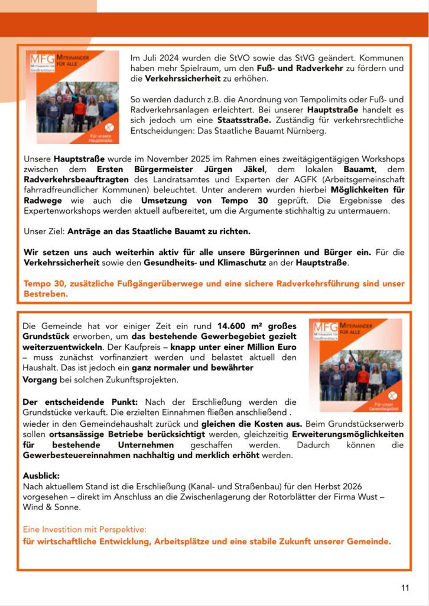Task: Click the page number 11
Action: coord(405,588)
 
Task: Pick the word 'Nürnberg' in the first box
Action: coord(307,131)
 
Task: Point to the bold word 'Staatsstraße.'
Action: coord(222,120)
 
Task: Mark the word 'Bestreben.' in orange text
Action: coord(45,294)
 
